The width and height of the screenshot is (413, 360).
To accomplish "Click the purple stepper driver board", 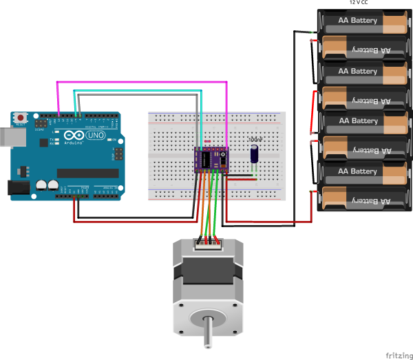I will pos(213,159).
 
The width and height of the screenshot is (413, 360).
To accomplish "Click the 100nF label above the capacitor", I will pos(255,140).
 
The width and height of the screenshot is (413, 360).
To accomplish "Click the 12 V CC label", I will pos(357,2).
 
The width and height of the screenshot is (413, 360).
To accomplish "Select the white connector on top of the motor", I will pos(209,241).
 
